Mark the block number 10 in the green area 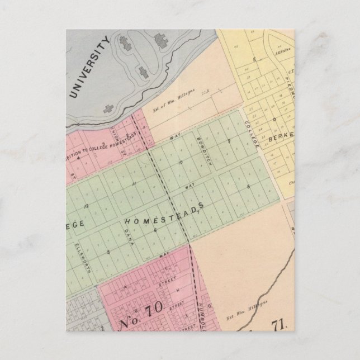coord(180,162)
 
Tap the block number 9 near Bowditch coord(229,140)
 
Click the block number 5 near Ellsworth coord(108,253)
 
